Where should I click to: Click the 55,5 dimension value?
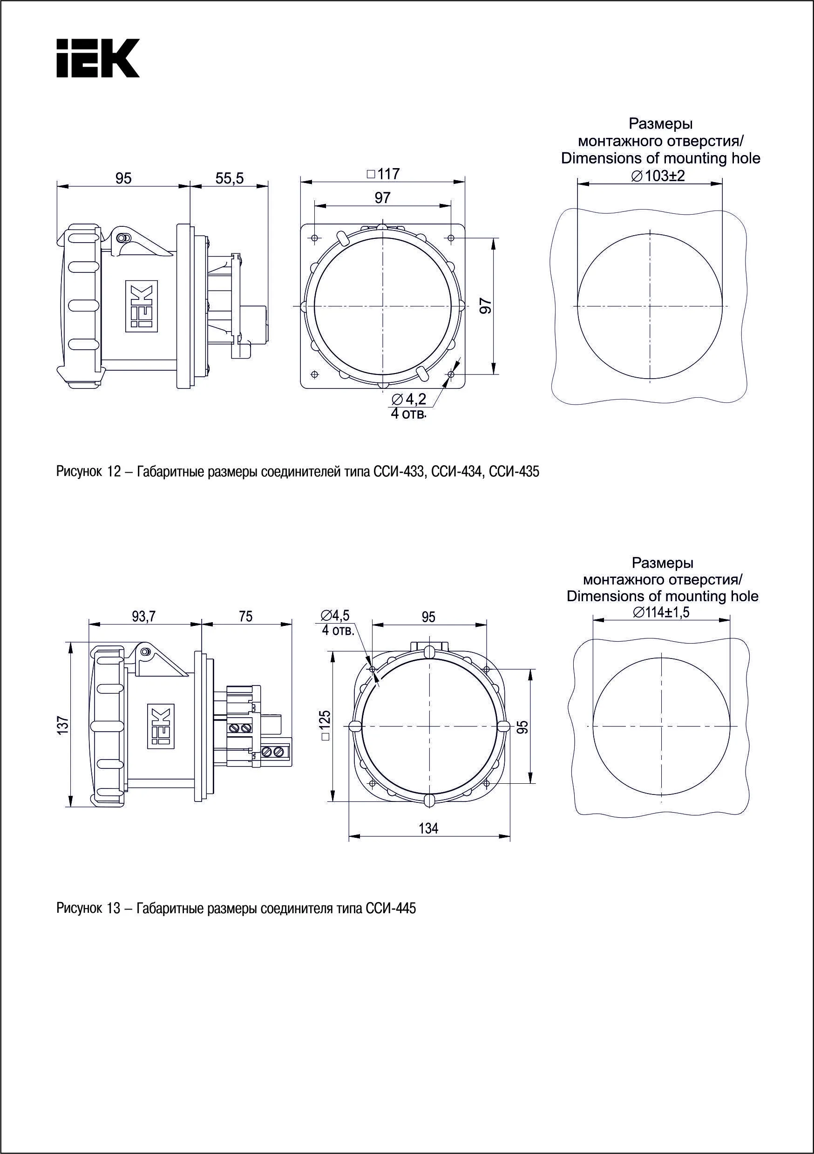(229, 178)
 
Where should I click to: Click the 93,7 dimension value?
(144, 616)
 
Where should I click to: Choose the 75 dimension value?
(246, 616)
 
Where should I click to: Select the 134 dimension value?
(428, 828)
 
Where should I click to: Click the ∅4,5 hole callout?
(336, 615)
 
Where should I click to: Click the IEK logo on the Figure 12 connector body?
(141, 306)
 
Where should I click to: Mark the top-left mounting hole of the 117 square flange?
(314, 237)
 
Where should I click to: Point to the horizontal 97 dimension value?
(382, 198)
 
